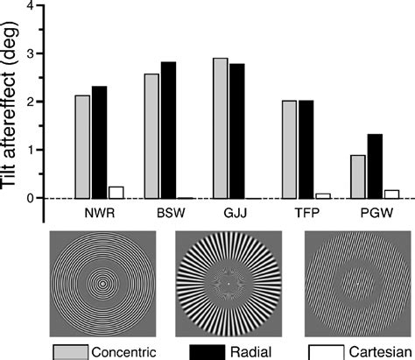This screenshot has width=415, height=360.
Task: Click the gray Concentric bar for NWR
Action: [82, 146]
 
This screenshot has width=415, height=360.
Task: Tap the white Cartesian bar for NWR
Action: [116, 193]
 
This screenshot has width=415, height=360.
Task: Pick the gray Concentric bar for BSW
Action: [151, 136]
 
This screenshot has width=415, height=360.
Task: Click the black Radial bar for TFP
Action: [306, 149]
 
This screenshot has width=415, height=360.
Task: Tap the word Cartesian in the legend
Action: [376, 350]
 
